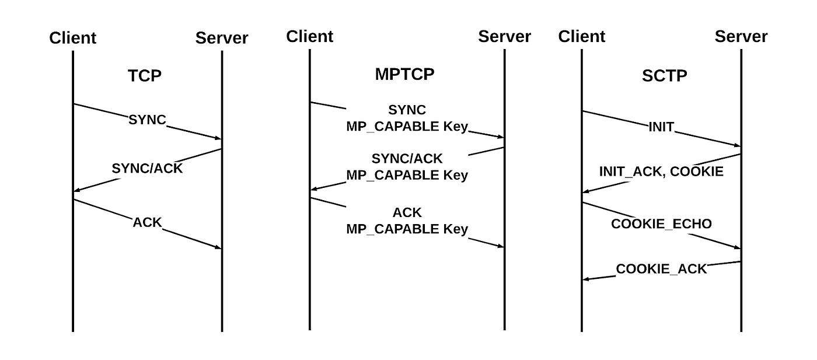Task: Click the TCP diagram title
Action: pos(145,76)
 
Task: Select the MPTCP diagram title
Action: pos(404,75)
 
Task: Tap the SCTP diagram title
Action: pos(664,76)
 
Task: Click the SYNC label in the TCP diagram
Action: pos(147,120)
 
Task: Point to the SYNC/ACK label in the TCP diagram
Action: pos(147,169)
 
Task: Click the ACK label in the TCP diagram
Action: pos(147,222)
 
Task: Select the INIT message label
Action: pos(661,127)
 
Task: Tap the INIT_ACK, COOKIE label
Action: pos(661,172)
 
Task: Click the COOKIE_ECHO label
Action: pos(661,224)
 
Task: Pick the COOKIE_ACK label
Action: pos(661,269)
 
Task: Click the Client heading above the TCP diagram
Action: pos(72,39)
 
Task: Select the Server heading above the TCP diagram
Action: pos(222,39)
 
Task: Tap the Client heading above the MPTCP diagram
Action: pos(309,36)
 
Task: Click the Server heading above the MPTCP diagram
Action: pos(504,36)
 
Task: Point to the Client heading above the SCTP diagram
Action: pos(582,36)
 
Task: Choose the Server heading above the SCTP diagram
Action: pos(741,36)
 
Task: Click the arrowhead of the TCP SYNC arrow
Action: pos(218,138)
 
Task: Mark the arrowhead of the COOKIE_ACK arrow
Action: pos(586,279)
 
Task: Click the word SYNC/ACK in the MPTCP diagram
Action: pos(407,159)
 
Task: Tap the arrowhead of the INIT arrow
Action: pos(738,146)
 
